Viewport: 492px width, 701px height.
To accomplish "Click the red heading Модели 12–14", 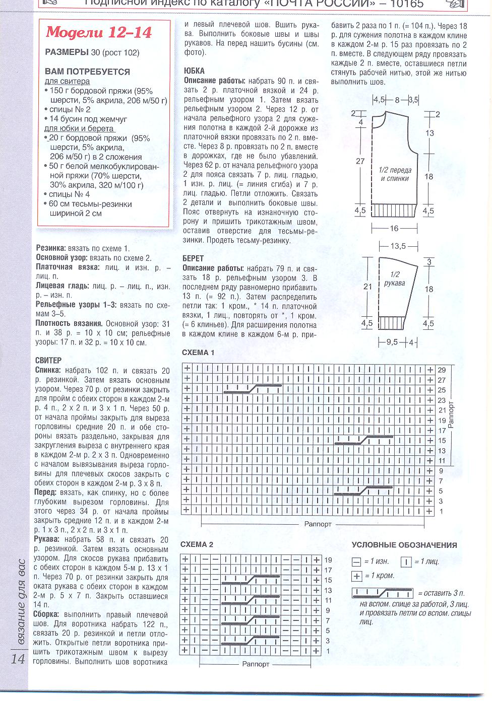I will pyautogui.click(x=99, y=33).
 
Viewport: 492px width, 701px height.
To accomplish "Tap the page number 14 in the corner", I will pyautogui.click(x=18, y=659).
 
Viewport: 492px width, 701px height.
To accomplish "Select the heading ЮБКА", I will pyautogui.click(x=194, y=71).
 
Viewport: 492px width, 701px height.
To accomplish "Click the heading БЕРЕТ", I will pyautogui.click(x=193, y=258).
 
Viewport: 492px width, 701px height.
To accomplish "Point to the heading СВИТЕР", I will pyautogui.click(x=49, y=361).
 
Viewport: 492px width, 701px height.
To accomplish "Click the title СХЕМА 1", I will pyautogui.click(x=198, y=353).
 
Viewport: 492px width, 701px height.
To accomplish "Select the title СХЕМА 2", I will pyautogui.click(x=197, y=544).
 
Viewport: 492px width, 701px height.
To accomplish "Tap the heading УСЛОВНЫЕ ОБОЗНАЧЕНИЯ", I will pyautogui.click(x=404, y=545).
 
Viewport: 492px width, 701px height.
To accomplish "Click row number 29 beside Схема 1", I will pyautogui.click(x=442, y=370).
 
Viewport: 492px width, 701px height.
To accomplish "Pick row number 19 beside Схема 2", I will pyautogui.click(x=328, y=560).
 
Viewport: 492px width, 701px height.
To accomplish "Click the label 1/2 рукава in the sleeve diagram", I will pyautogui.click(x=395, y=278).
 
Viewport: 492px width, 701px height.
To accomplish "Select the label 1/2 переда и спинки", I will pyautogui.click(x=395, y=174).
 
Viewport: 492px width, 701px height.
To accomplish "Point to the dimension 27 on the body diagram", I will pyautogui.click(x=360, y=162).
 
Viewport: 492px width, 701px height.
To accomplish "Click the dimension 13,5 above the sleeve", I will pyautogui.click(x=398, y=246).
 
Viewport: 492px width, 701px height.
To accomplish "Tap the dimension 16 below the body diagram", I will pyautogui.click(x=394, y=229).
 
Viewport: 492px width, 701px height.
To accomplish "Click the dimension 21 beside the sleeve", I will pyautogui.click(x=368, y=287).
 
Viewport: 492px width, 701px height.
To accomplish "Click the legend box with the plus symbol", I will pyautogui.click(x=357, y=576).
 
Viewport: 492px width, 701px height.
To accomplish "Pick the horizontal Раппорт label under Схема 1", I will pyautogui.click(x=318, y=524).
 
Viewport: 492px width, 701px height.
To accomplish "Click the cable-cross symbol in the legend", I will pyautogui.click(x=383, y=593).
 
